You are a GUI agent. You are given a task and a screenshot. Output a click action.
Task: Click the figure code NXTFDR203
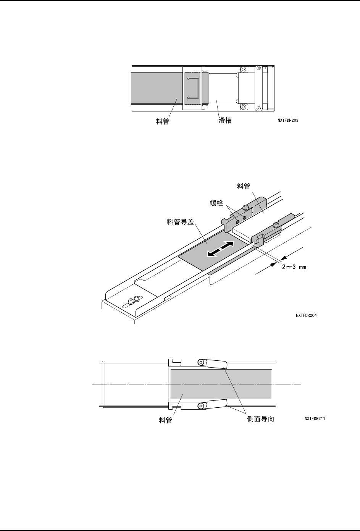pos(288,120)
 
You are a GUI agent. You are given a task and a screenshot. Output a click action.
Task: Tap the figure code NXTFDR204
pos(306,315)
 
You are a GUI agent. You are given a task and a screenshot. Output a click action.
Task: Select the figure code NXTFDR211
pos(315,418)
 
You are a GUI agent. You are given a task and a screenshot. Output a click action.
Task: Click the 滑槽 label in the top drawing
pos(225,120)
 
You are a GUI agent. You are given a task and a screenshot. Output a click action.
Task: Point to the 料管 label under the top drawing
pos(163,121)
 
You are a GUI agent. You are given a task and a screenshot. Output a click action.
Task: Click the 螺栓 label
pos(216,203)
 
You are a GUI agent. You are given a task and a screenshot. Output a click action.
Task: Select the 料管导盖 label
pos(180,222)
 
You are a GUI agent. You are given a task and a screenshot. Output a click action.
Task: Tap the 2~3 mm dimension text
pos(294,267)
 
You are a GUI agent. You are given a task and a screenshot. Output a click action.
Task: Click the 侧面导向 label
pos(260,419)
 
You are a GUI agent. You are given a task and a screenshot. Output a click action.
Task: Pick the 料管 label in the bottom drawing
pos(165,420)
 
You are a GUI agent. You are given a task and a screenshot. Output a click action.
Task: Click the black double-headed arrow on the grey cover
pos(220,249)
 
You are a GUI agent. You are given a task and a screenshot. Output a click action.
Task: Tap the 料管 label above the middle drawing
pos(244,186)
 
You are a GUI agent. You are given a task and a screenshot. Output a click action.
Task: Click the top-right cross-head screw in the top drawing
pos(259,68)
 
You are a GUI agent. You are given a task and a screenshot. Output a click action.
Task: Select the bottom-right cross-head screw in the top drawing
pos(259,108)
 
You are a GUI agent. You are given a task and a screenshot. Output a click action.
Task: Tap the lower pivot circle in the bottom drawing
pos(201,406)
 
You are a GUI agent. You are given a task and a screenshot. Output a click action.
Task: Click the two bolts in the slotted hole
pos(133,300)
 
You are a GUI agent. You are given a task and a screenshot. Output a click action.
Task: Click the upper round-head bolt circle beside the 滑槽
pos(243,70)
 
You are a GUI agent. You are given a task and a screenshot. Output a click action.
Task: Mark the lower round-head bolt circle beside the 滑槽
pos(243,107)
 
